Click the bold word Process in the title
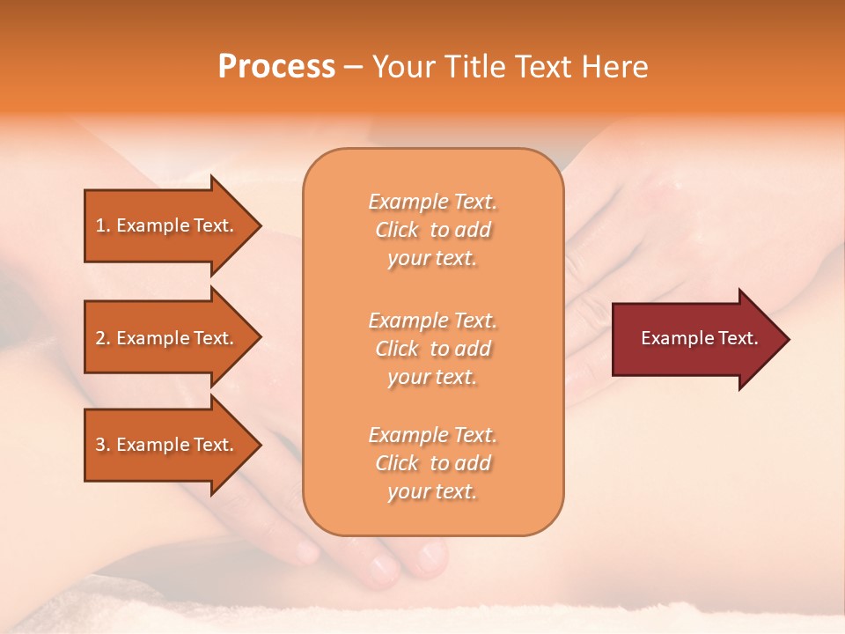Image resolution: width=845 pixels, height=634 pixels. (x=276, y=67)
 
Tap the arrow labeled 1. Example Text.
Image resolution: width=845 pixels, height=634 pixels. (x=167, y=225)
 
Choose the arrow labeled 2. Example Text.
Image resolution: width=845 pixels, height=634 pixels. (x=167, y=338)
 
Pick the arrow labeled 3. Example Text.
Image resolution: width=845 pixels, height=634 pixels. (x=167, y=445)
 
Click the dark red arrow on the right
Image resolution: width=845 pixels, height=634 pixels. (x=695, y=339)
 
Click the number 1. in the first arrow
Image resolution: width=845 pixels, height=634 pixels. (x=103, y=225)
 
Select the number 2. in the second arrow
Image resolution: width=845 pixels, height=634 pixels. (x=103, y=338)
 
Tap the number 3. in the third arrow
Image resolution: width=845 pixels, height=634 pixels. (x=103, y=445)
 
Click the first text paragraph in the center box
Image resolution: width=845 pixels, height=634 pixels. (x=432, y=230)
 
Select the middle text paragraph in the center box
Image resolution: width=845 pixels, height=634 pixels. (x=432, y=349)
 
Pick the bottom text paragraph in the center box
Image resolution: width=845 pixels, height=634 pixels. (x=432, y=463)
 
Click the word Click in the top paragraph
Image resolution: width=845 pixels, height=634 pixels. (x=397, y=230)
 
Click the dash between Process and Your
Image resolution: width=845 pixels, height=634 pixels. (x=353, y=68)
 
